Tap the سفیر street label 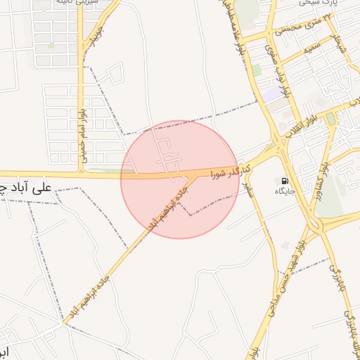247,184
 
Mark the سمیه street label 314,49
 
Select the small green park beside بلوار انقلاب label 330,119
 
